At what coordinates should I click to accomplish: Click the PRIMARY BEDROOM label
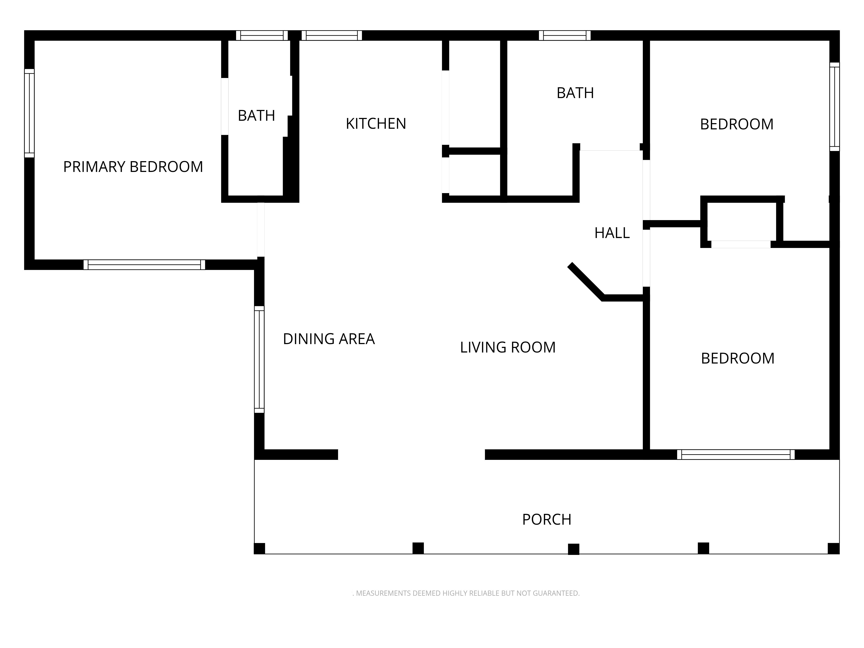pyautogui.click(x=133, y=167)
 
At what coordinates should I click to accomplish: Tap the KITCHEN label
pyautogui.click(x=376, y=124)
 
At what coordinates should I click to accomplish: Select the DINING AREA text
pyautogui.click(x=329, y=339)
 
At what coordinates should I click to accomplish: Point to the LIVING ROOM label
pyautogui.click(x=508, y=347)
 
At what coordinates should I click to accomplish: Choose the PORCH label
pyautogui.click(x=547, y=519)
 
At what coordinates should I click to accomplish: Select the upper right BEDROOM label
pyautogui.click(x=737, y=124)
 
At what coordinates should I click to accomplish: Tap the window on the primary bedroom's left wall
pyautogui.click(x=29, y=113)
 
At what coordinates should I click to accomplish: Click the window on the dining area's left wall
pyautogui.click(x=259, y=359)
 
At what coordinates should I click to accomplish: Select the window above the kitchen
pyautogui.click(x=332, y=36)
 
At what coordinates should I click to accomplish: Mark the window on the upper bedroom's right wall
pyautogui.click(x=835, y=107)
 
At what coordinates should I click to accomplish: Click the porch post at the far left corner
pyautogui.click(x=259, y=548)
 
